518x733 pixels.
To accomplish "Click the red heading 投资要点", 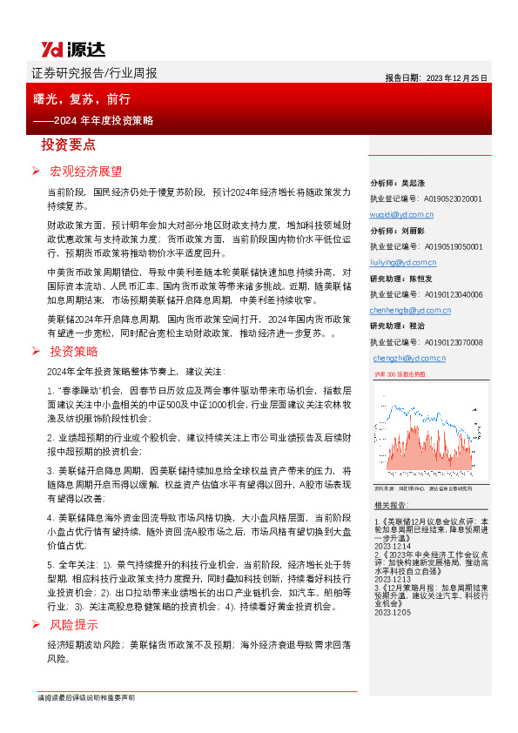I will [69, 145].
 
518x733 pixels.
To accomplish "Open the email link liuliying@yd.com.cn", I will [404, 262].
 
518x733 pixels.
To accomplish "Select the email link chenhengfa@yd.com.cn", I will [408, 310].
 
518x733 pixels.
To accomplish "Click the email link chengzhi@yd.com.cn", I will [408, 358].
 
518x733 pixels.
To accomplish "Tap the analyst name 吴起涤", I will [413, 183].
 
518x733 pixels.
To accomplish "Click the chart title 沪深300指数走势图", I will [400, 373].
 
